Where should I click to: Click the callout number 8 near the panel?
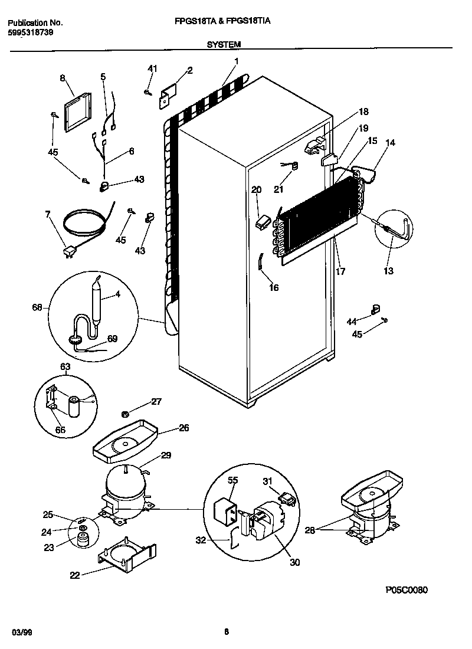tap(61, 77)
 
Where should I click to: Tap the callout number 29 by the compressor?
tap(166, 455)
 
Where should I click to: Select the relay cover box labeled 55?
tap(224, 509)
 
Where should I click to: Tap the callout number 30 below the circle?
tap(294, 562)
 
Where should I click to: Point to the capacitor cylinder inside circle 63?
tap(75, 406)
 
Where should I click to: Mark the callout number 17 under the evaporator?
tap(340, 271)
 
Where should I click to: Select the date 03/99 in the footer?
tap(21, 632)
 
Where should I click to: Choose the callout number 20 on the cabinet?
tap(256, 189)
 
